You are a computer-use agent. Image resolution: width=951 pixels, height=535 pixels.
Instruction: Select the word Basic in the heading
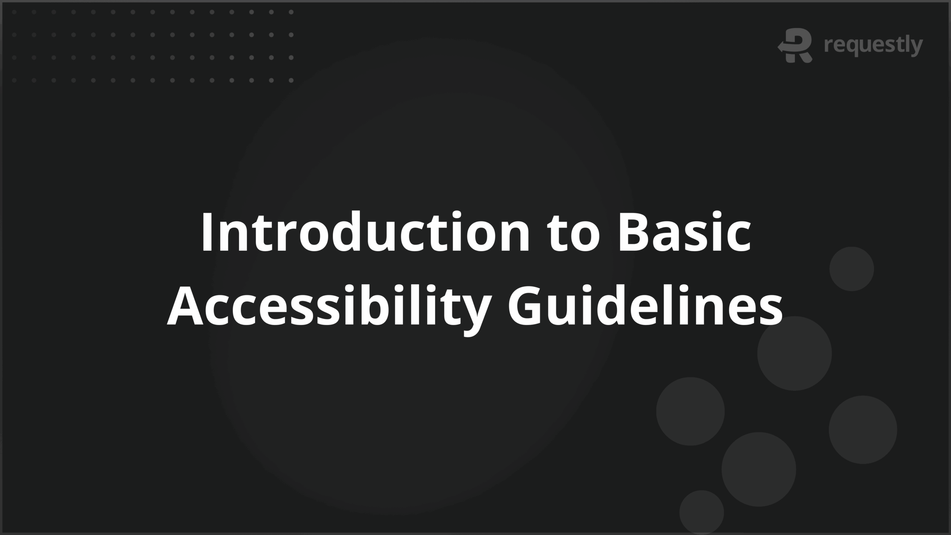(x=684, y=232)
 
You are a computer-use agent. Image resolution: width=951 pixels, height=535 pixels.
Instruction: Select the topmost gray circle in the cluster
(x=851, y=269)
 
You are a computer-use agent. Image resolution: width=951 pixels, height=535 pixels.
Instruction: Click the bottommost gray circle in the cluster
(x=701, y=512)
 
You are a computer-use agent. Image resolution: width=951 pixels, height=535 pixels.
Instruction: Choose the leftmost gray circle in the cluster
(x=690, y=411)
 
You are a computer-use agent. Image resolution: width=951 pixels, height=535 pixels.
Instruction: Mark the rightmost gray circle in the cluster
(x=863, y=429)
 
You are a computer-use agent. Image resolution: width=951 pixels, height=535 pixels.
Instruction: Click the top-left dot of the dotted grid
(x=14, y=12)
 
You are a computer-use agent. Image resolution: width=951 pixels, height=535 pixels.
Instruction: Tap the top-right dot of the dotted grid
(x=291, y=12)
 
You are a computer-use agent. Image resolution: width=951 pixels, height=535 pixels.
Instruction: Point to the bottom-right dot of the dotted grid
(x=291, y=80)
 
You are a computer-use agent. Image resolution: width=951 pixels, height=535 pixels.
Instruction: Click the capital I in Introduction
(x=207, y=232)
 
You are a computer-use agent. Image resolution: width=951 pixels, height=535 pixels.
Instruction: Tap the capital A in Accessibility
(x=186, y=305)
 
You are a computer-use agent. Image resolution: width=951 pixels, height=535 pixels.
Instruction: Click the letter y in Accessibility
(x=471, y=312)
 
